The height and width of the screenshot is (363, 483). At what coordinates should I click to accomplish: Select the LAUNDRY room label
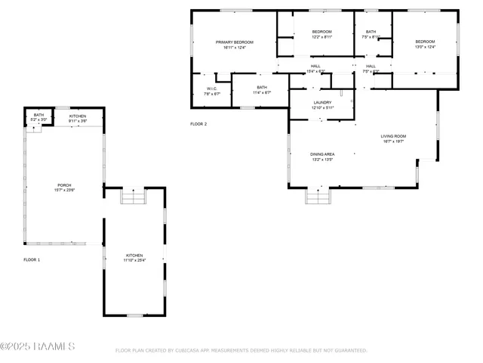coord(322,104)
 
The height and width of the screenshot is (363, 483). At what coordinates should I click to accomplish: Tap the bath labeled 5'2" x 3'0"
coord(38,117)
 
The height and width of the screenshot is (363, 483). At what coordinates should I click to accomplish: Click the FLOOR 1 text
coord(32,259)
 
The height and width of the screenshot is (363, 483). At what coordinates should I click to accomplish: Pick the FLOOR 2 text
coord(198,123)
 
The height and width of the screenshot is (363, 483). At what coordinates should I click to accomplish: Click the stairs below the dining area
coord(318,197)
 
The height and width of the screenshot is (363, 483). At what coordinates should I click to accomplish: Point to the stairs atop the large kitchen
coord(132,197)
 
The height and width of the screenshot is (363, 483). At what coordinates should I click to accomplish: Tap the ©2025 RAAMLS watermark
coord(38,347)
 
